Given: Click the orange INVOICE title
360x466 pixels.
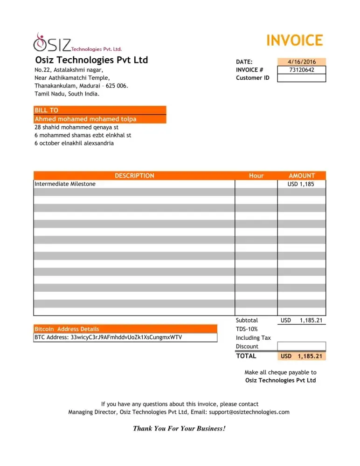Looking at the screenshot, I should (294, 41).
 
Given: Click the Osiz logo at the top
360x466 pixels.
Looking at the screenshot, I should (77, 43).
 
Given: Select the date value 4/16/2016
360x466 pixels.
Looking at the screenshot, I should (302, 62).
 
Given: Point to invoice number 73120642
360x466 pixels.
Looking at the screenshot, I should (302, 70).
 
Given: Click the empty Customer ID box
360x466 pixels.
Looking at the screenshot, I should (302, 78).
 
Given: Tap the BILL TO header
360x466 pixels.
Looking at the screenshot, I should (47, 110).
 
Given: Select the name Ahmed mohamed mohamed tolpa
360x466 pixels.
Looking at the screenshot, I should (85, 119).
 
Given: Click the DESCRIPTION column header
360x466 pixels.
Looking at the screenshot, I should (134, 176).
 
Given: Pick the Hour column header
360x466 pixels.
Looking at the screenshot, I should (256, 176).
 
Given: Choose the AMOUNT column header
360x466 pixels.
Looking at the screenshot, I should (302, 176).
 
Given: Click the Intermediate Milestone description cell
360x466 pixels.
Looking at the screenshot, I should (65, 184).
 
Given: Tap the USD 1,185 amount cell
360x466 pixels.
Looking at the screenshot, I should (301, 184).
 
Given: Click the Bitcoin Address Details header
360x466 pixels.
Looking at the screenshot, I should (67, 329).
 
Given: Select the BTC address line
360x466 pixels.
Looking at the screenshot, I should (108, 337).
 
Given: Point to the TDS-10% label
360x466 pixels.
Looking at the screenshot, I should (247, 329).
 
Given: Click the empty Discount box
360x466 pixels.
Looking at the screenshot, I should (302, 346).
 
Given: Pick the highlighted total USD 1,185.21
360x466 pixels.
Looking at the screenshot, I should (301, 356).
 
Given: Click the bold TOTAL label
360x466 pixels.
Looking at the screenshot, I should (246, 356).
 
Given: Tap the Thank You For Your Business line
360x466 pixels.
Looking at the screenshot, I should (180, 428).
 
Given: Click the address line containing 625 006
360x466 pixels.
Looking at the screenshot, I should (81, 86).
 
